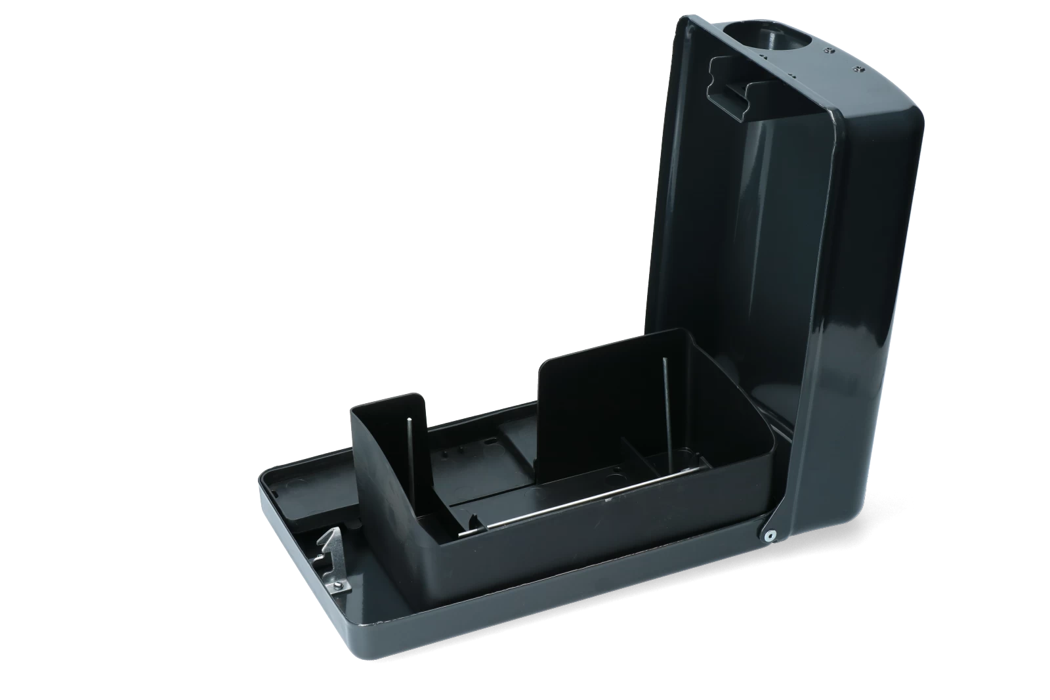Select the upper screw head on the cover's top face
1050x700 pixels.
click(830, 49)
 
